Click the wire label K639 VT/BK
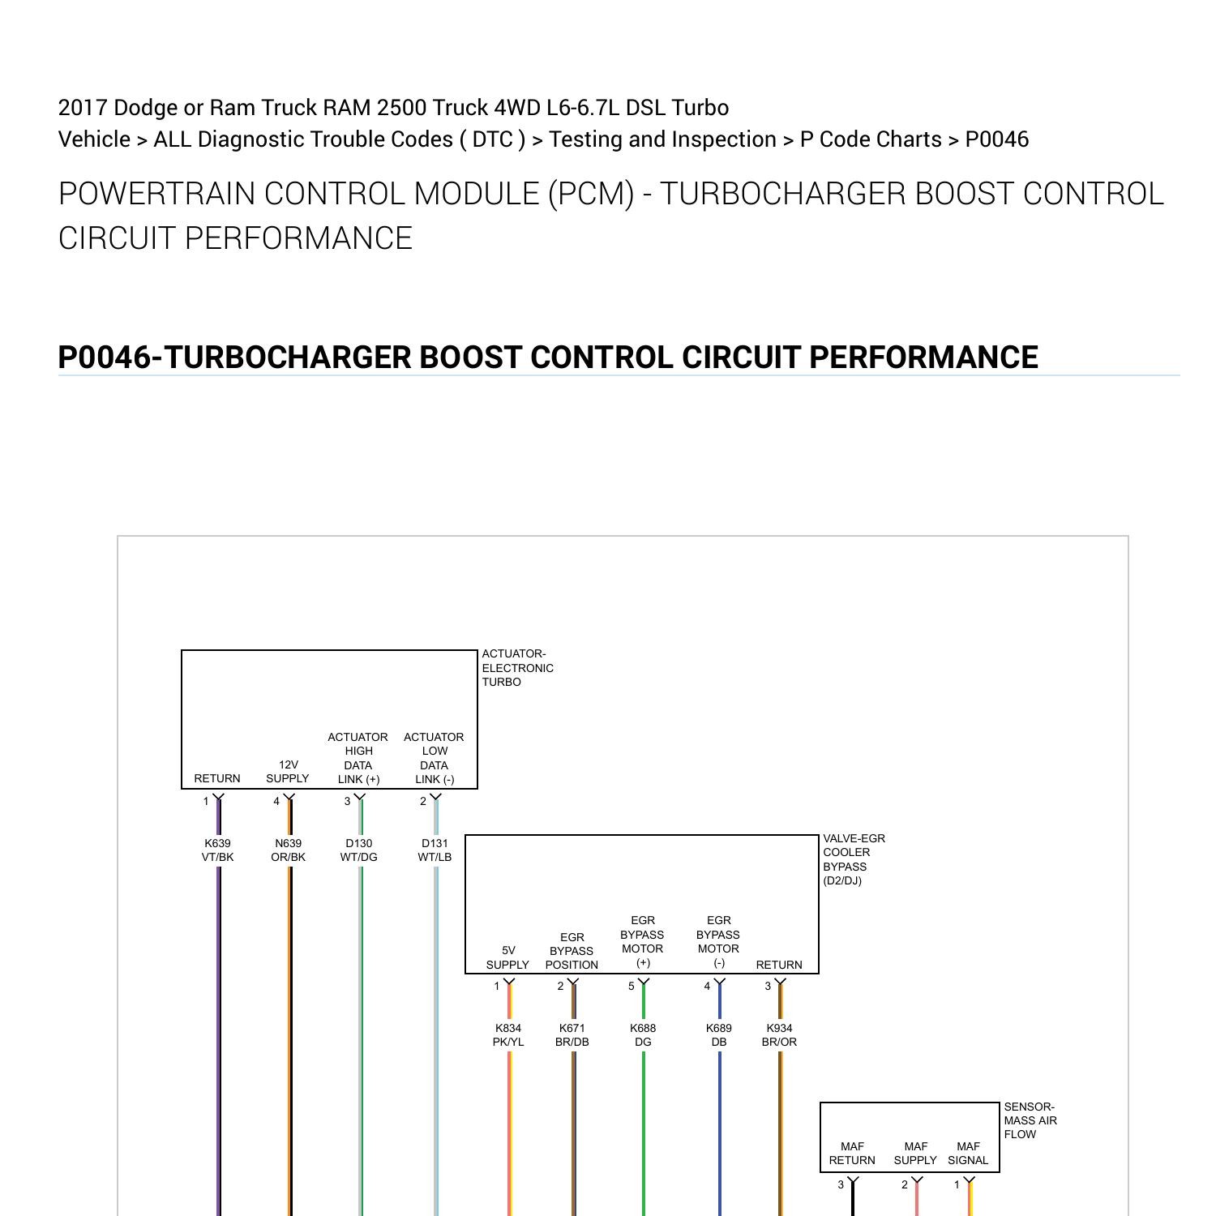(x=217, y=850)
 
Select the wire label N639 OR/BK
(x=288, y=850)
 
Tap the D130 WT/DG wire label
(x=358, y=850)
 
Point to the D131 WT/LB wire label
(x=435, y=850)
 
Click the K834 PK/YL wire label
(x=508, y=1034)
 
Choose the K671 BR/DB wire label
(x=572, y=1034)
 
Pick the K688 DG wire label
(x=643, y=1034)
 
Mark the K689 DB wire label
(x=719, y=1034)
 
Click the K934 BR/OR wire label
(x=779, y=1034)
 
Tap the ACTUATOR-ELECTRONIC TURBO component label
(x=517, y=668)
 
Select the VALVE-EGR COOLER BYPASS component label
(x=854, y=859)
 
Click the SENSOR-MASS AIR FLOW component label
(x=1030, y=1120)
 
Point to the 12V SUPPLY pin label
(x=288, y=771)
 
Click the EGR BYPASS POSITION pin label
(x=572, y=951)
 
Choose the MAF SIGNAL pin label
(x=968, y=1153)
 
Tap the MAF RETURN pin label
(x=852, y=1153)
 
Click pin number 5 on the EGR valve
(x=632, y=986)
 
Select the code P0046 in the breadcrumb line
(x=996, y=139)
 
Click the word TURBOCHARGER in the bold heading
(x=287, y=358)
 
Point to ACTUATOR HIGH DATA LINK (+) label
(x=358, y=758)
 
